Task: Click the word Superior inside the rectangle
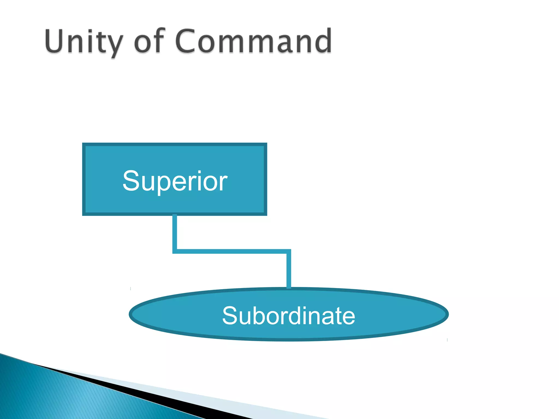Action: click(x=175, y=181)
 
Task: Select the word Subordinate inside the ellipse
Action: click(x=289, y=316)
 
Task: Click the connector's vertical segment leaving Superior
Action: click(x=175, y=232)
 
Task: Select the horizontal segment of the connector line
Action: click(x=232, y=251)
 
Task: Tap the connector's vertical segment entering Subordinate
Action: click(x=289, y=270)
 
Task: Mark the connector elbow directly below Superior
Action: click(x=175, y=251)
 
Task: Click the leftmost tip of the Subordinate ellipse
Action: click(x=130, y=314)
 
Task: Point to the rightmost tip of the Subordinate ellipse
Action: click(x=448, y=314)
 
